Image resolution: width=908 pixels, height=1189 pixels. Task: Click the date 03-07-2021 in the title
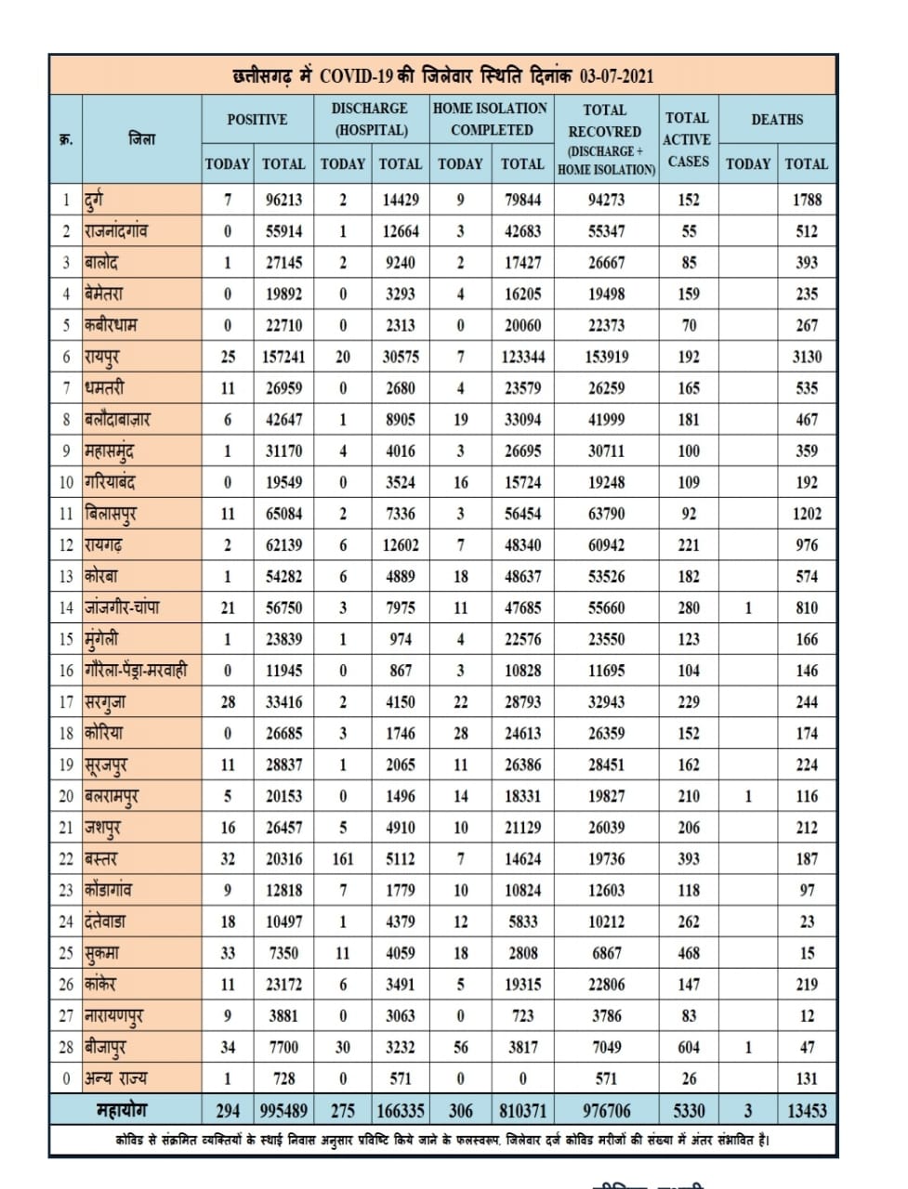click(617, 75)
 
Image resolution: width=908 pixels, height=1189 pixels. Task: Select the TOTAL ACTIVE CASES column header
click(688, 139)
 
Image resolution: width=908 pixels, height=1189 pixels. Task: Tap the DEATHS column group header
click(777, 119)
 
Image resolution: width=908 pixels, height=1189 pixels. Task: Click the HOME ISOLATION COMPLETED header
click(491, 119)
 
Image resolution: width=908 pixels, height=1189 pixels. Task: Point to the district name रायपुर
click(102, 357)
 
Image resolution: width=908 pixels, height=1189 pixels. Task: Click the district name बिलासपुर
click(111, 514)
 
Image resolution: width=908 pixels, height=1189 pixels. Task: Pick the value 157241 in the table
click(283, 357)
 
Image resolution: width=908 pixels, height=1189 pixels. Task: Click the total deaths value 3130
click(806, 357)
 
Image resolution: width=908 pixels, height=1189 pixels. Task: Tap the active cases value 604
click(689, 1047)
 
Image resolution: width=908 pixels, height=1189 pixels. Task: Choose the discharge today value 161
click(343, 859)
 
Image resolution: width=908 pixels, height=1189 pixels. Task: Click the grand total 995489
click(283, 1110)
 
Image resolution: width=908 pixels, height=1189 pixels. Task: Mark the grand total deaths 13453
click(806, 1110)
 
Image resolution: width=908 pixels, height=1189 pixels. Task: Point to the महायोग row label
click(122, 1109)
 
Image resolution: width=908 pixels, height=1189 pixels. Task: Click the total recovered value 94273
click(606, 200)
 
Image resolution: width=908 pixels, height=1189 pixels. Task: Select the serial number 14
click(66, 608)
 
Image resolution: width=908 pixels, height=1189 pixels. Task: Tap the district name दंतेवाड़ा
click(105, 921)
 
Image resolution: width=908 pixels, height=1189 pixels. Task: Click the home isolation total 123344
click(522, 357)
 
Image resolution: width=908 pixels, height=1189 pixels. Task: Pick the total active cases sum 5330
click(689, 1110)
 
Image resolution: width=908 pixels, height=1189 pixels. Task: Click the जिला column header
click(141, 139)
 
